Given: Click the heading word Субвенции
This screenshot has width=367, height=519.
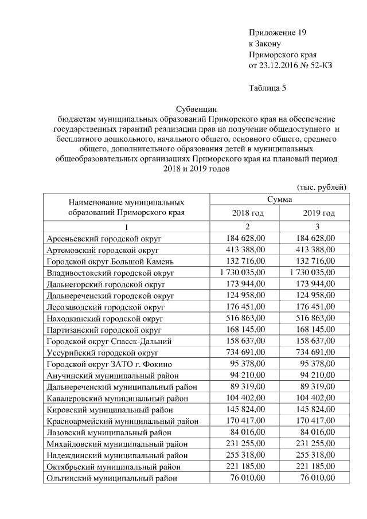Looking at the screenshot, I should tap(196, 108).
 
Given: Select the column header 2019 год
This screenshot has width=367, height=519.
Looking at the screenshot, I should tap(319, 213).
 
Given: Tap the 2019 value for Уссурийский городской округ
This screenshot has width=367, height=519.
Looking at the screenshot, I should tap(314, 353).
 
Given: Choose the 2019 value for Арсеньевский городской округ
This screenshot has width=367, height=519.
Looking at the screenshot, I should tap(314, 239).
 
